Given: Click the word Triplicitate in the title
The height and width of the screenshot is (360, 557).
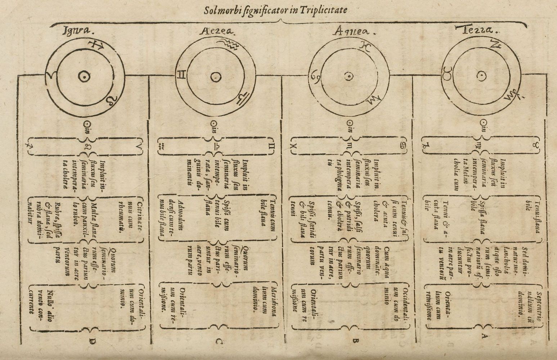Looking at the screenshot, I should click(325, 10).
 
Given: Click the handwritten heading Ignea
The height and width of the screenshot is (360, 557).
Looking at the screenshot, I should click(78, 31).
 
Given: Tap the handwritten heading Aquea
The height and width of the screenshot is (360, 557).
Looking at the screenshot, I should click(354, 32).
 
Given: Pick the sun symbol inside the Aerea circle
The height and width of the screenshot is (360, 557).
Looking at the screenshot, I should click(216, 77).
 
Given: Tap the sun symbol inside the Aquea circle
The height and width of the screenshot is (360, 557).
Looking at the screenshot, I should click(348, 76).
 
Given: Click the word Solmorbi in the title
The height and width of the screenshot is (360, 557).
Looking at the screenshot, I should click(219, 10).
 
